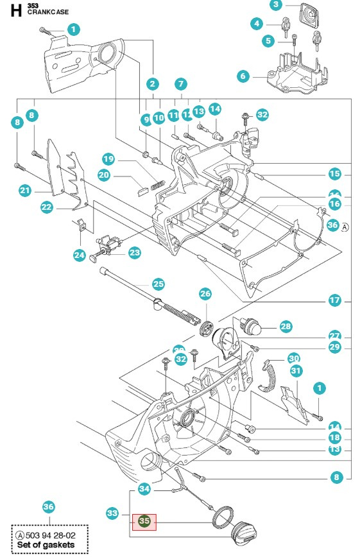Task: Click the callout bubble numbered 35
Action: click(144, 522)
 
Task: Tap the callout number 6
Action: click(243, 76)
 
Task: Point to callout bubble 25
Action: click(158, 284)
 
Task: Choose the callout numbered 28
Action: click(286, 327)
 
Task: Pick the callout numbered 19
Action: click(108, 159)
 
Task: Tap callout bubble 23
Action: click(134, 253)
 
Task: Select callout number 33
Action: click(112, 513)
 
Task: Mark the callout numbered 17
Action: click(334, 300)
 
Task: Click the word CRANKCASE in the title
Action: click(48, 12)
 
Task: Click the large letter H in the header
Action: click(15, 10)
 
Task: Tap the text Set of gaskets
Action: click(46, 545)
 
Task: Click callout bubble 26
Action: click(205, 295)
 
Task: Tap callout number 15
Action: click(334, 173)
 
